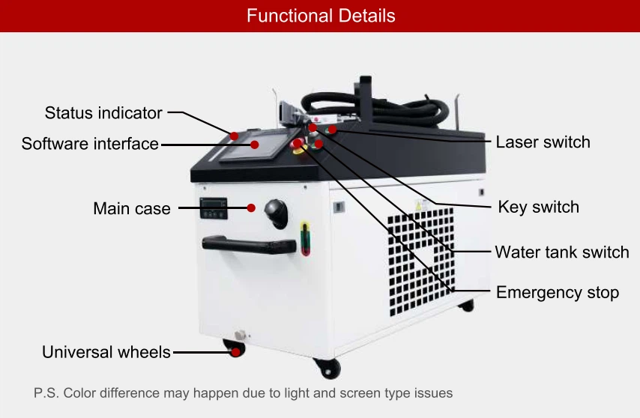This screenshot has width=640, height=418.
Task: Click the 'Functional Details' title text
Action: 321,16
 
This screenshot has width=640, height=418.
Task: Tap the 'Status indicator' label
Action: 103,113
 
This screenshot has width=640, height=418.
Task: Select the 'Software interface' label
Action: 90,144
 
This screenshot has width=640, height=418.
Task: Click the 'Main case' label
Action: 132,208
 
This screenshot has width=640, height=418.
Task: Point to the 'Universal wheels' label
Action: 106,352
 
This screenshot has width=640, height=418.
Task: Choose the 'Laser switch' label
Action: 543,142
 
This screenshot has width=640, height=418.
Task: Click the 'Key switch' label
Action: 538,208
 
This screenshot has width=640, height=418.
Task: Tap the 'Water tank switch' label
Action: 562,252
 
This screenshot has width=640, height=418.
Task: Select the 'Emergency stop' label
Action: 557,293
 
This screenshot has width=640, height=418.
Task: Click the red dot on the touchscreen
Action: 255,145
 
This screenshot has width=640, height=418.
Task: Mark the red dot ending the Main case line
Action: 251,208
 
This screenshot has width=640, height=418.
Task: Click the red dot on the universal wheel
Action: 236,352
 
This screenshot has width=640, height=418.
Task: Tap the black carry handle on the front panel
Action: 249,245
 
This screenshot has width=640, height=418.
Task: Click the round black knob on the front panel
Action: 277,213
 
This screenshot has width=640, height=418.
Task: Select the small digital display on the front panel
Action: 214,208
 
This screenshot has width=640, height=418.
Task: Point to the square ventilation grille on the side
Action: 421,261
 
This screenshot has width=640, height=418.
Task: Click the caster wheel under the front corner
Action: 327,369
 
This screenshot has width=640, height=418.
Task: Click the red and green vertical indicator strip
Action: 305,238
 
